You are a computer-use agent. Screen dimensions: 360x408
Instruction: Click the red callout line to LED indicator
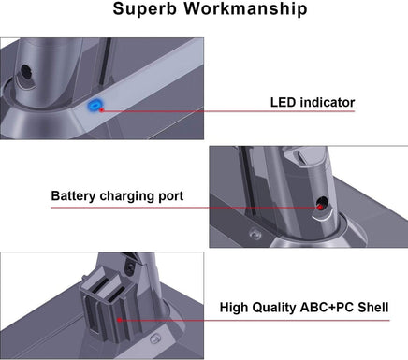187,110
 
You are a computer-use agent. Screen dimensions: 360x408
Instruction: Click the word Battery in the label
75,197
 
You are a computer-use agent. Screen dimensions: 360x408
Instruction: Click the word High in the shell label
236,307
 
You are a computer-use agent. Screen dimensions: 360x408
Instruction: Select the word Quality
280,307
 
